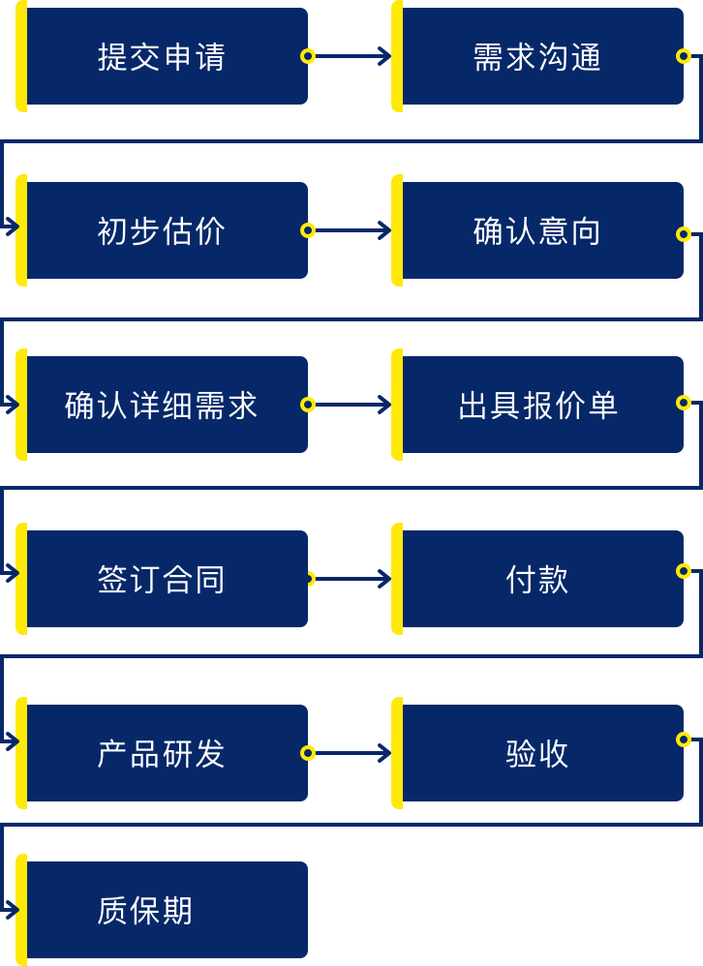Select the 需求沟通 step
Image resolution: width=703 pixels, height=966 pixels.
538,56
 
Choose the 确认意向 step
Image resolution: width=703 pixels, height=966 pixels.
538,230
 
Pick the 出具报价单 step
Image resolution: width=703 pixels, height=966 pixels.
538,405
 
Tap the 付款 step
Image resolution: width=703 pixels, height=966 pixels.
538,579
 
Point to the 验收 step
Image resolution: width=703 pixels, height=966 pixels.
538,753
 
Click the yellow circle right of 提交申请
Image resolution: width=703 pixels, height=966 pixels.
308,56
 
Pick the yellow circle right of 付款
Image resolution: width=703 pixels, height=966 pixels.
684,571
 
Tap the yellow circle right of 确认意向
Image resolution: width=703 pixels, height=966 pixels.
684,234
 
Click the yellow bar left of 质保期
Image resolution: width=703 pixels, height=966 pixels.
21,910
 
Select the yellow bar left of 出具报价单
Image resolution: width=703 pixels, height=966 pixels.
397,405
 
